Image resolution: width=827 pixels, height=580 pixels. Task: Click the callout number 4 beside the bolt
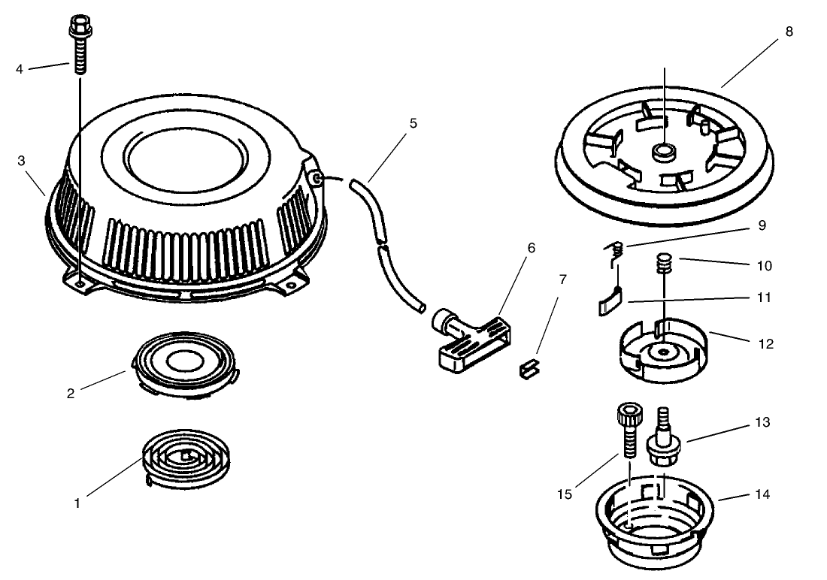[20, 70]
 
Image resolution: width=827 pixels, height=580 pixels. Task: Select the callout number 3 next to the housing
[22, 161]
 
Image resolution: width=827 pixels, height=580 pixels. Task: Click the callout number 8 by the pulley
[788, 32]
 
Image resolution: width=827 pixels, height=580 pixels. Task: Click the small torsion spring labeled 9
[614, 253]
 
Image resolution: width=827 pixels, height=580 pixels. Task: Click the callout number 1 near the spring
[77, 503]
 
